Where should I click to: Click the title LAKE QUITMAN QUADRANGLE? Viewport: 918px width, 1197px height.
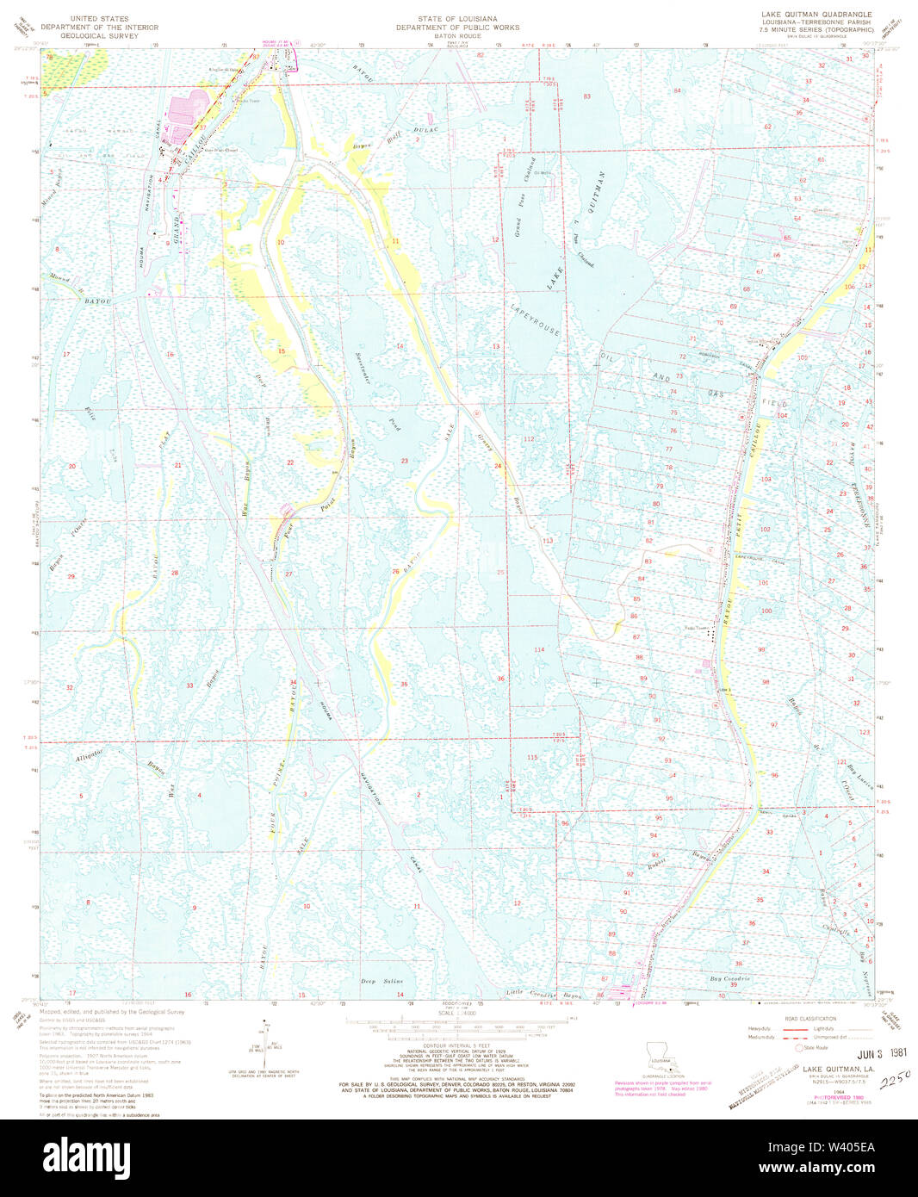tap(816, 15)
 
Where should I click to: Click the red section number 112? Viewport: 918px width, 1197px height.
tap(529, 439)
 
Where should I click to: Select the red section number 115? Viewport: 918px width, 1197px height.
tap(532, 757)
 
